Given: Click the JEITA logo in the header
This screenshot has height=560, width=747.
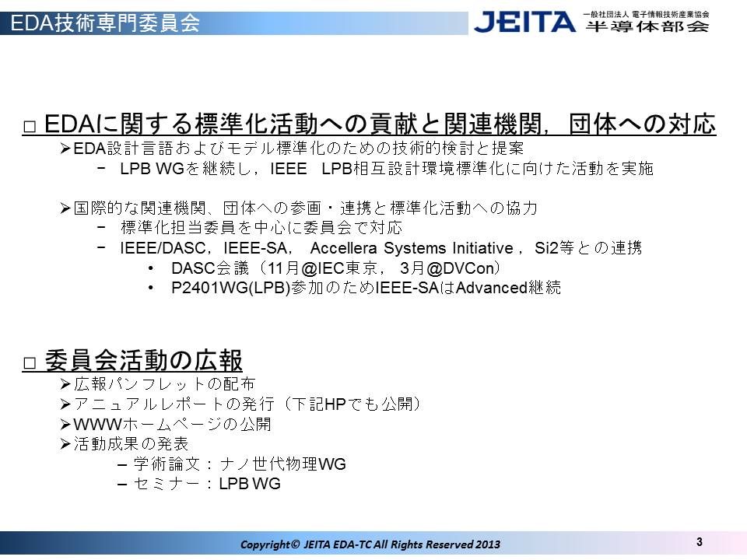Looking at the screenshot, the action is pos(524,23).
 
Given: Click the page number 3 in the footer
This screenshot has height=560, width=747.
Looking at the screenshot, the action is pos(700,542).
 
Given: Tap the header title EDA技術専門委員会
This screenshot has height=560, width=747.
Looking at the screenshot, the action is pos(105,23).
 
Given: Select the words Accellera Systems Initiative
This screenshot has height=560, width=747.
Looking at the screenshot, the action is pos(412,248).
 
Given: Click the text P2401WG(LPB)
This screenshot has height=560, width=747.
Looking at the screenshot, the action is pos(230,288).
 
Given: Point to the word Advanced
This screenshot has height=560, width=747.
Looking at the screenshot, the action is pos(491,288).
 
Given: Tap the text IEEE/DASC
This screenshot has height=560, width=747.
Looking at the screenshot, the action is pos(162,248).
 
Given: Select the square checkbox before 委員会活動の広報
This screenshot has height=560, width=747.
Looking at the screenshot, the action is pos(30,364).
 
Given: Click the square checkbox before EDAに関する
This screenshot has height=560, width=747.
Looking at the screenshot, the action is pos(30,127).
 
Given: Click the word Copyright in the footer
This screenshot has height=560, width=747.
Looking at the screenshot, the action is pos(265,544).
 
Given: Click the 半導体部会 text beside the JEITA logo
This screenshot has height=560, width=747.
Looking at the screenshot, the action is pos(647,26).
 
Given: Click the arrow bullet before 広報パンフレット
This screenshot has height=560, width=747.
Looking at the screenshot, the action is pos(65,383).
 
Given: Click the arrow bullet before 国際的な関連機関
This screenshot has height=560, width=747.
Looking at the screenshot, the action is pos(65,208).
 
